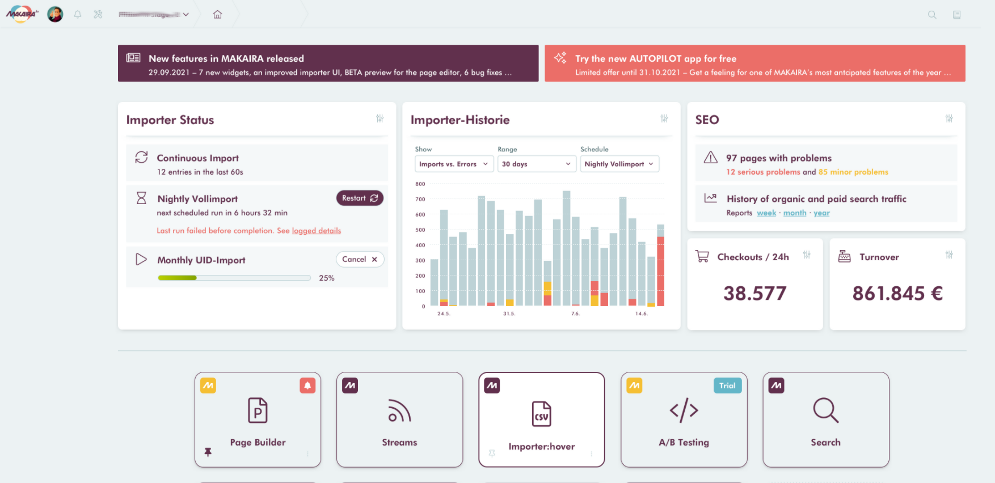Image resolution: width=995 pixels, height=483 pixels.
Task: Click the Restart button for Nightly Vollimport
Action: tap(360, 198)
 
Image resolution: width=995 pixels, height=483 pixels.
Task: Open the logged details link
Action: tap(316, 231)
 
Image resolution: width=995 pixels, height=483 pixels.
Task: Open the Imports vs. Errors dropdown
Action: tap(453, 164)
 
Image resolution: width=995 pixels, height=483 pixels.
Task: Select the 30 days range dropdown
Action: tap(536, 164)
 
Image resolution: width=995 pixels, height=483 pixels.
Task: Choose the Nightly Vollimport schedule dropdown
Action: tap(619, 164)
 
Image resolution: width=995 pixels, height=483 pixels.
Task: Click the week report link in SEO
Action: tap(766, 213)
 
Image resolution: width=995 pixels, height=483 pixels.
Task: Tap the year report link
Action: tap(821, 213)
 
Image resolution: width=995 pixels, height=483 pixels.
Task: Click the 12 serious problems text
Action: tap(763, 172)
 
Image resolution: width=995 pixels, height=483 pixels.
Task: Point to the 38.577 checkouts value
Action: tap(754, 293)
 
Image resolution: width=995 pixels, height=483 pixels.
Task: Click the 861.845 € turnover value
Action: tap(897, 293)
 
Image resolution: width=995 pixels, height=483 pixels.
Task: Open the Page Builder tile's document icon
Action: tap(258, 410)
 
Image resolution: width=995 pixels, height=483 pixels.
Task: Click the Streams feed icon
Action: tap(399, 410)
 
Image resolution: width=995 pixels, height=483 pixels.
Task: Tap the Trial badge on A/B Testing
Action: tap(727, 385)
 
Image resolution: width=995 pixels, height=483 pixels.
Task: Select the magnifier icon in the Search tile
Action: tap(825, 410)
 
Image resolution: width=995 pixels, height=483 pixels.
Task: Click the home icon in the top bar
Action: tap(217, 15)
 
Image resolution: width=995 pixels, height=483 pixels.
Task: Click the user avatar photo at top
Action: tap(55, 14)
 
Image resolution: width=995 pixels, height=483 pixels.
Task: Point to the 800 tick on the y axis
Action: tap(420, 184)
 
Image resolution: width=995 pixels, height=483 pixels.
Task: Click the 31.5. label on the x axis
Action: tap(509, 313)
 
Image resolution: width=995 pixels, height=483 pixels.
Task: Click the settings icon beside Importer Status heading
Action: tap(380, 118)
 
